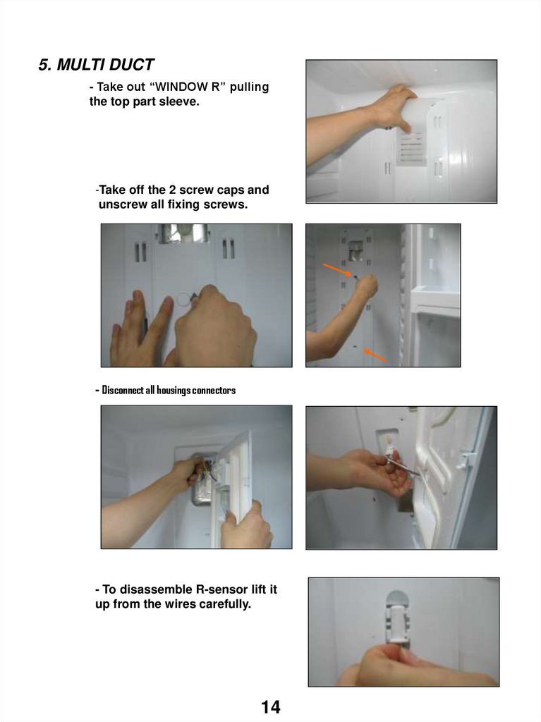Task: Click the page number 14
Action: [x=271, y=706]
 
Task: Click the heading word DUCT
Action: [x=131, y=65]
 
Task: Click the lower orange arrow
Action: [x=375, y=355]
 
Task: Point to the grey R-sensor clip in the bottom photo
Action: [x=397, y=618]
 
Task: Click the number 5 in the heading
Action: [x=44, y=65]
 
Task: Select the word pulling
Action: [x=249, y=87]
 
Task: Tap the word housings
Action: [x=174, y=391]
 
